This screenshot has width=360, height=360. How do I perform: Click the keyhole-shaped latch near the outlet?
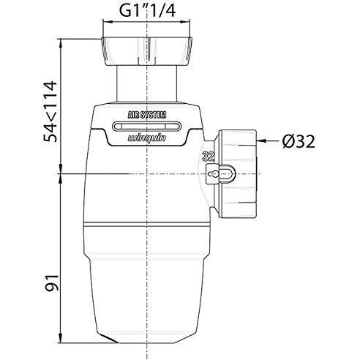(217, 174)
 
